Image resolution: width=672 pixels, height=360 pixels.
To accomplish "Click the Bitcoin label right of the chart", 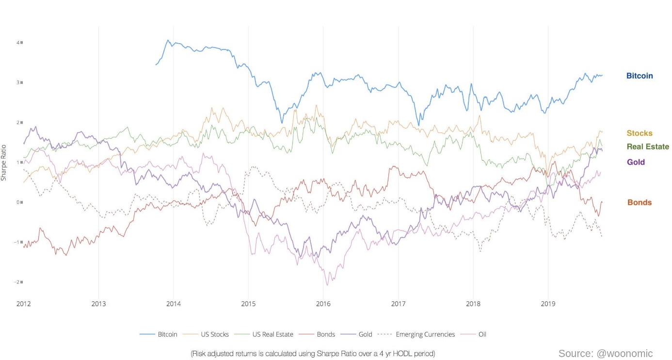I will (640, 76).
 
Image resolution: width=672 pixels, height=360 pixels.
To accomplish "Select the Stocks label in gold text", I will (640, 133).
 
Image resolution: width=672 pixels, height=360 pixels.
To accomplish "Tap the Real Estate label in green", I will (648, 147).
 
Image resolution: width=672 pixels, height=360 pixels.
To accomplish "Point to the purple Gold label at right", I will (636, 162).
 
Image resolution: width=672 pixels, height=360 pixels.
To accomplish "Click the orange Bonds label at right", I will (640, 202).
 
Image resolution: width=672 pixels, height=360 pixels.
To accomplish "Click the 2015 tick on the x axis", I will (248, 304).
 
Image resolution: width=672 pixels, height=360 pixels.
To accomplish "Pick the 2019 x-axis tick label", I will (548, 304).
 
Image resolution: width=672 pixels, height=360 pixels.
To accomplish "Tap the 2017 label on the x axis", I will (398, 304).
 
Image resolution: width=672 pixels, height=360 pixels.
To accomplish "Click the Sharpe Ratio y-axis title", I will (4, 163).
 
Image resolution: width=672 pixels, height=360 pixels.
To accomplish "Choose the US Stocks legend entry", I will (211, 334).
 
